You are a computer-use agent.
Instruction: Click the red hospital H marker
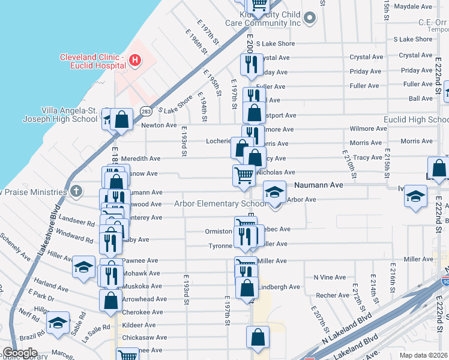(136, 60)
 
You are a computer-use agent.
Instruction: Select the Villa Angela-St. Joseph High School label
(60, 115)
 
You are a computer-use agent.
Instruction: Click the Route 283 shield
(145, 111)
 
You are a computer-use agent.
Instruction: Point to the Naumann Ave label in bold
(318, 185)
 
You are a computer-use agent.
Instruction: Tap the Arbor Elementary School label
(220, 203)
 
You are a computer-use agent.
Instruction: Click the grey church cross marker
(76, 192)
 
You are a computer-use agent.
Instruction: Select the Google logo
(20, 353)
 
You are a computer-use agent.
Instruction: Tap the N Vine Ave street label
(330, 277)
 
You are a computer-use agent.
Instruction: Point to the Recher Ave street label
(333, 295)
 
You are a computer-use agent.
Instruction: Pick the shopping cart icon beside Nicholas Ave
(244, 175)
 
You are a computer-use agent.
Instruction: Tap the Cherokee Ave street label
(142, 312)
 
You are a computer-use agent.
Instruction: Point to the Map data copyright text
(424, 355)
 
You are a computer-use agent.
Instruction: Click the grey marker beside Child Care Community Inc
(310, 18)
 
